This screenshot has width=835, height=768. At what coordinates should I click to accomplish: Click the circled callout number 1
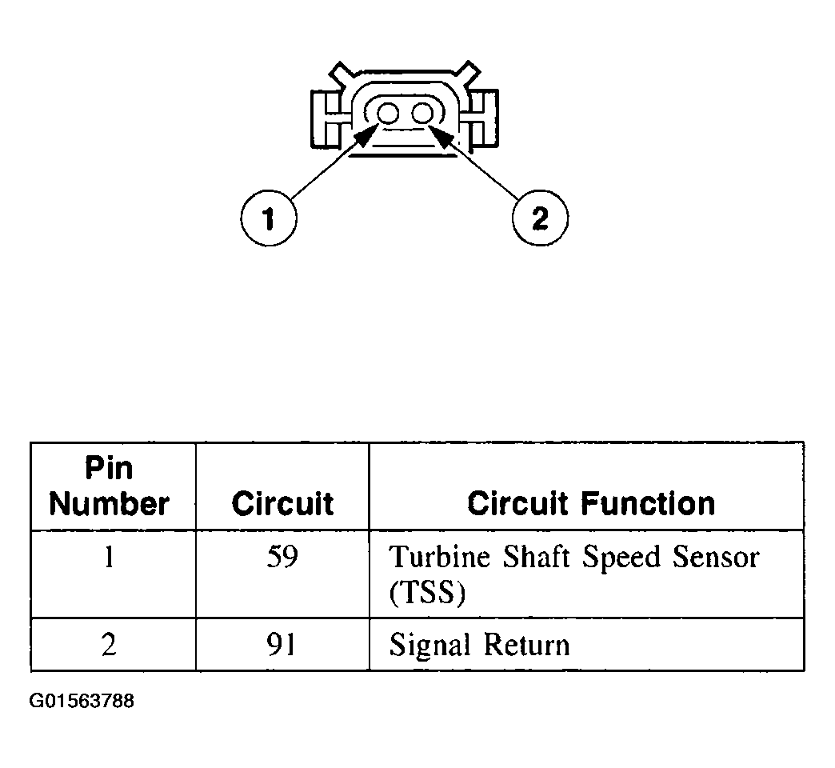click(x=269, y=218)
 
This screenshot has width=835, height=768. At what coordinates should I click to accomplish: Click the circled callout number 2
click(x=540, y=218)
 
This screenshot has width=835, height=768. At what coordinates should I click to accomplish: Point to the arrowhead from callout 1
click(x=366, y=135)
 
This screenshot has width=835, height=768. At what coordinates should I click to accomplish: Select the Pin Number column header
click(x=110, y=486)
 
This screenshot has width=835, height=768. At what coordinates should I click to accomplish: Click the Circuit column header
click(x=282, y=504)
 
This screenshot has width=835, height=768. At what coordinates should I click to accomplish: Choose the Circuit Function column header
click(x=591, y=504)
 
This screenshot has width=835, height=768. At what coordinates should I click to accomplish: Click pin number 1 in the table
click(x=110, y=557)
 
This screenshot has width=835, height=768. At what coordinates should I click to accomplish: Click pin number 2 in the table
click(x=110, y=645)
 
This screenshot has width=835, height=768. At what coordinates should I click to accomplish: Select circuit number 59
click(x=282, y=557)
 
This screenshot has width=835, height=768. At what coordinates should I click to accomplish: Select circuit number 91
click(x=282, y=645)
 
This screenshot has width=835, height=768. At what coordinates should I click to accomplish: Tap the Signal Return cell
click(x=480, y=645)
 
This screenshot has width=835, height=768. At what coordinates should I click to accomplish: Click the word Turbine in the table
click(x=438, y=557)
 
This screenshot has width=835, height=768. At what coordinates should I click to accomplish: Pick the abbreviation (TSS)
click(x=427, y=594)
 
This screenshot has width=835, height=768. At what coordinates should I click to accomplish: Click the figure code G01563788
click(x=82, y=702)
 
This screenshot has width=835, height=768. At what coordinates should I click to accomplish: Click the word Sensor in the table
click(x=714, y=557)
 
